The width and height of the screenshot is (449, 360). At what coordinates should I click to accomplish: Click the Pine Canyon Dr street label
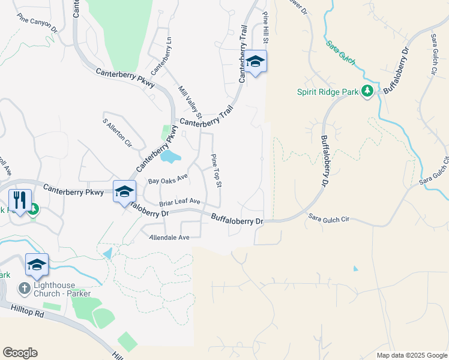[x=37, y=25]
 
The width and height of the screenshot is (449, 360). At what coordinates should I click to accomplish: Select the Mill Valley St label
[x=190, y=102]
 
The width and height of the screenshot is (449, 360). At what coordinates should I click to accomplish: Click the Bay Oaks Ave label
[x=169, y=179]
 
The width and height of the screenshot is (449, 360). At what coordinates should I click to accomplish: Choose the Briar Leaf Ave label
[x=179, y=203]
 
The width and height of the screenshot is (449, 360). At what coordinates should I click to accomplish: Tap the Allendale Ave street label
[x=169, y=238]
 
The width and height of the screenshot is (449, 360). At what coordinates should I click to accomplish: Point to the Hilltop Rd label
[x=28, y=310]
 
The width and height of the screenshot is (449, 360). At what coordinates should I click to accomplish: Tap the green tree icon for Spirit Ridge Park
[x=367, y=91]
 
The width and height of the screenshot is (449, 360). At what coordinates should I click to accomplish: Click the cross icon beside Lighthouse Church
[x=23, y=289]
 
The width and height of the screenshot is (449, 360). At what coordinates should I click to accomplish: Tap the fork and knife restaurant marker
[x=19, y=199]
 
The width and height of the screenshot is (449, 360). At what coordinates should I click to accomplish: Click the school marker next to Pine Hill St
[x=255, y=61]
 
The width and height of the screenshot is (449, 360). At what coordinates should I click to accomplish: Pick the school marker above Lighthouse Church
[x=37, y=264]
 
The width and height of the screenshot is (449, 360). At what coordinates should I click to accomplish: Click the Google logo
[x=20, y=353]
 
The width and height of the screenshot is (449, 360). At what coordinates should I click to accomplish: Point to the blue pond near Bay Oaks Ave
[x=170, y=157]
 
